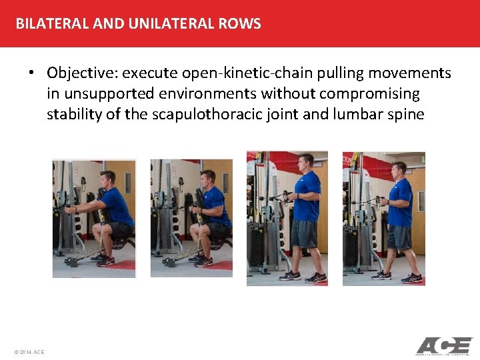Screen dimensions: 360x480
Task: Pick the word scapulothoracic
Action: click(x=203, y=114)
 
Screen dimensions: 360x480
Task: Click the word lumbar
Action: click(x=357, y=114)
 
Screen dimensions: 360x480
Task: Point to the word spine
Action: click(x=405, y=114)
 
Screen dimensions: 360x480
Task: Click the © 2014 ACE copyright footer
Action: click(x=29, y=351)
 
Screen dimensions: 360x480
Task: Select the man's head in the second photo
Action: click(x=206, y=178)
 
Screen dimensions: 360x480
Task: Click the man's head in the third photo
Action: click(x=305, y=162)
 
